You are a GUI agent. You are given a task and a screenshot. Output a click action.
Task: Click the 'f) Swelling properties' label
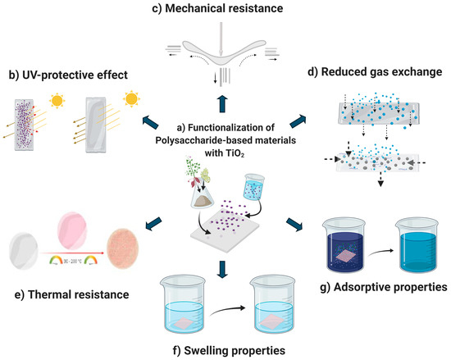tap(225, 351)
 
